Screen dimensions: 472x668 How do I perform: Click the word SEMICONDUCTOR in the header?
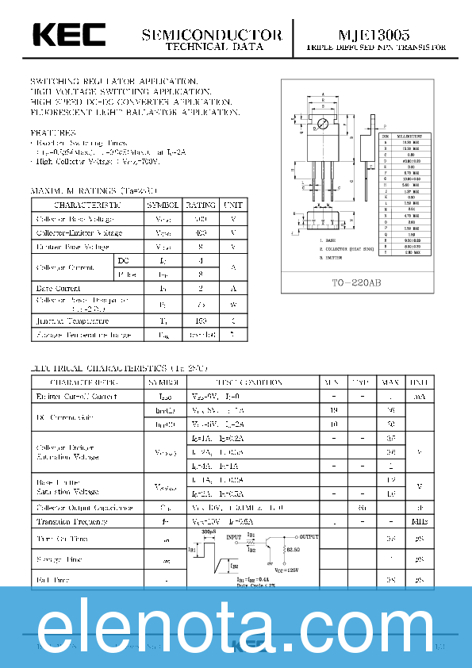pos(212,35)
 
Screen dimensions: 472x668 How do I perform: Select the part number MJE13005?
pos(374,35)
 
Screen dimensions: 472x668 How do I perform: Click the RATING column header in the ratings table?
pos(200,205)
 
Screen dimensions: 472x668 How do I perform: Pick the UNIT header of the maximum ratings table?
pos(233,205)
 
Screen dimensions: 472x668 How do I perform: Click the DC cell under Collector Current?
pos(123,260)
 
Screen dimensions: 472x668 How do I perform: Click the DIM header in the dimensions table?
pos(386,136)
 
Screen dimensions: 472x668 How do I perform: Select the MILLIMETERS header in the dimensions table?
pos(411,136)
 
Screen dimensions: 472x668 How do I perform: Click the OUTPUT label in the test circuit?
pos(309,537)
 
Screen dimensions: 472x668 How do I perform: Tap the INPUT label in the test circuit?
pos(234,537)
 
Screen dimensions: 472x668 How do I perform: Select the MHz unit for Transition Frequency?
pos(419,521)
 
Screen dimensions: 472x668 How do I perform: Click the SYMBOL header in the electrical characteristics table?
pos(163,382)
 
